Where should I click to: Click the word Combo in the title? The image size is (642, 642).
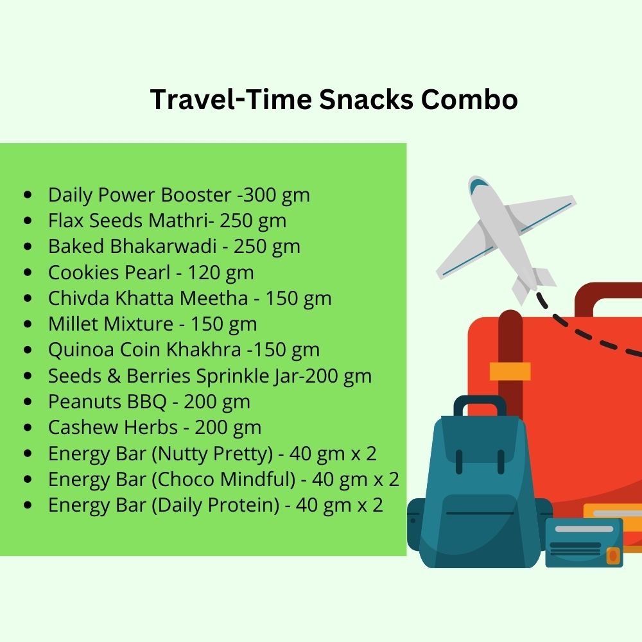(x=469, y=100)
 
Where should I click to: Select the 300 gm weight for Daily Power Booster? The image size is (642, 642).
(x=276, y=195)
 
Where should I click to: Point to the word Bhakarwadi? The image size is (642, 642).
(x=163, y=247)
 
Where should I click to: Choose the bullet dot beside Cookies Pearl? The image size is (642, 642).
(x=28, y=272)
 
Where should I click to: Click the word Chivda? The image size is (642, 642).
(x=78, y=298)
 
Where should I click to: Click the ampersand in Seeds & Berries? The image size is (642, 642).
(x=114, y=376)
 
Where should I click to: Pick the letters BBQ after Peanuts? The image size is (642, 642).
(x=146, y=402)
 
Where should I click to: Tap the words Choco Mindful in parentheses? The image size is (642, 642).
(x=224, y=480)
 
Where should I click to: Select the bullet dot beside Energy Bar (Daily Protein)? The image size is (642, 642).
(x=28, y=505)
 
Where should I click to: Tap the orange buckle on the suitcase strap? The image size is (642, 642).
(x=510, y=371)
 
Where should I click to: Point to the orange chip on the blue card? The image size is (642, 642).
(x=612, y=555)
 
